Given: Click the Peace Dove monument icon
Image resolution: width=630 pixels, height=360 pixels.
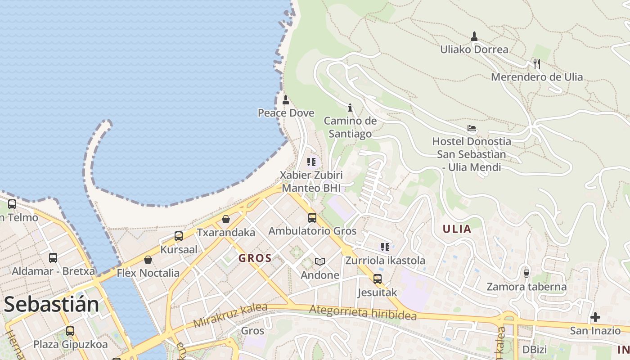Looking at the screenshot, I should coord(285,100).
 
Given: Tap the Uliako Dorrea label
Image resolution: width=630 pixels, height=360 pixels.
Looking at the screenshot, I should coord(474,49).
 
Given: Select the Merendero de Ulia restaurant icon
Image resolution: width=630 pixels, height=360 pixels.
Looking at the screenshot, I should coord(536,63).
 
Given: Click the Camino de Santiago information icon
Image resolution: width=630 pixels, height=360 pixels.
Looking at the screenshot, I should coord(350,108).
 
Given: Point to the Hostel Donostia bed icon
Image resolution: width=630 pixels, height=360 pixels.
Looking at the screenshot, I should coord(472,129).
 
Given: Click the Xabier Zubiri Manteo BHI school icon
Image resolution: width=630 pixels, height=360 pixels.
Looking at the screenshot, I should coord(311,162).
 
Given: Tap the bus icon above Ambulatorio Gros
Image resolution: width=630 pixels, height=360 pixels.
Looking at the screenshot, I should coord(312,218).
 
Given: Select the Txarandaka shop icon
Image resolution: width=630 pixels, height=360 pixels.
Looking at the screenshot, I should coord(226,219).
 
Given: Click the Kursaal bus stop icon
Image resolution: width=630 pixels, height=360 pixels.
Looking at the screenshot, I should coord(179,236).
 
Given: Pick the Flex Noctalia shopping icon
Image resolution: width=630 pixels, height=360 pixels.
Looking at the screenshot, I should coord(148,260).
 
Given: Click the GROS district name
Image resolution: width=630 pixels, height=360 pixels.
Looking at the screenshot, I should coord(255,258).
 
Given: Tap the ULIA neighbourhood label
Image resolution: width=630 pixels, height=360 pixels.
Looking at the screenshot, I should coord(457,229).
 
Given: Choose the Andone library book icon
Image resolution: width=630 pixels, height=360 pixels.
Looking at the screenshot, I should coord(320,261).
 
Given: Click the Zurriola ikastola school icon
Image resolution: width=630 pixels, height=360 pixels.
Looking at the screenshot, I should coord(385,247).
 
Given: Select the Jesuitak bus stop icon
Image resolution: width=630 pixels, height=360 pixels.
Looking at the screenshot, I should coord(378,279).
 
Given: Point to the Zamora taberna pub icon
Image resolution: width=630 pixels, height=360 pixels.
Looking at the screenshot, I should coord(526,273).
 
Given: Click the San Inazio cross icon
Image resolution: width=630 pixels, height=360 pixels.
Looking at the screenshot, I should coord(595,317).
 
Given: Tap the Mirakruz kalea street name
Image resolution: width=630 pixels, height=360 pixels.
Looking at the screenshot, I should coord(230,315).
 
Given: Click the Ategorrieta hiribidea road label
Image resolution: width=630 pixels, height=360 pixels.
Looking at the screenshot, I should coord(363,313).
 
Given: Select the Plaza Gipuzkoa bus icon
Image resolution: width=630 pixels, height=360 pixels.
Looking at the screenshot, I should coord(70,331).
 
